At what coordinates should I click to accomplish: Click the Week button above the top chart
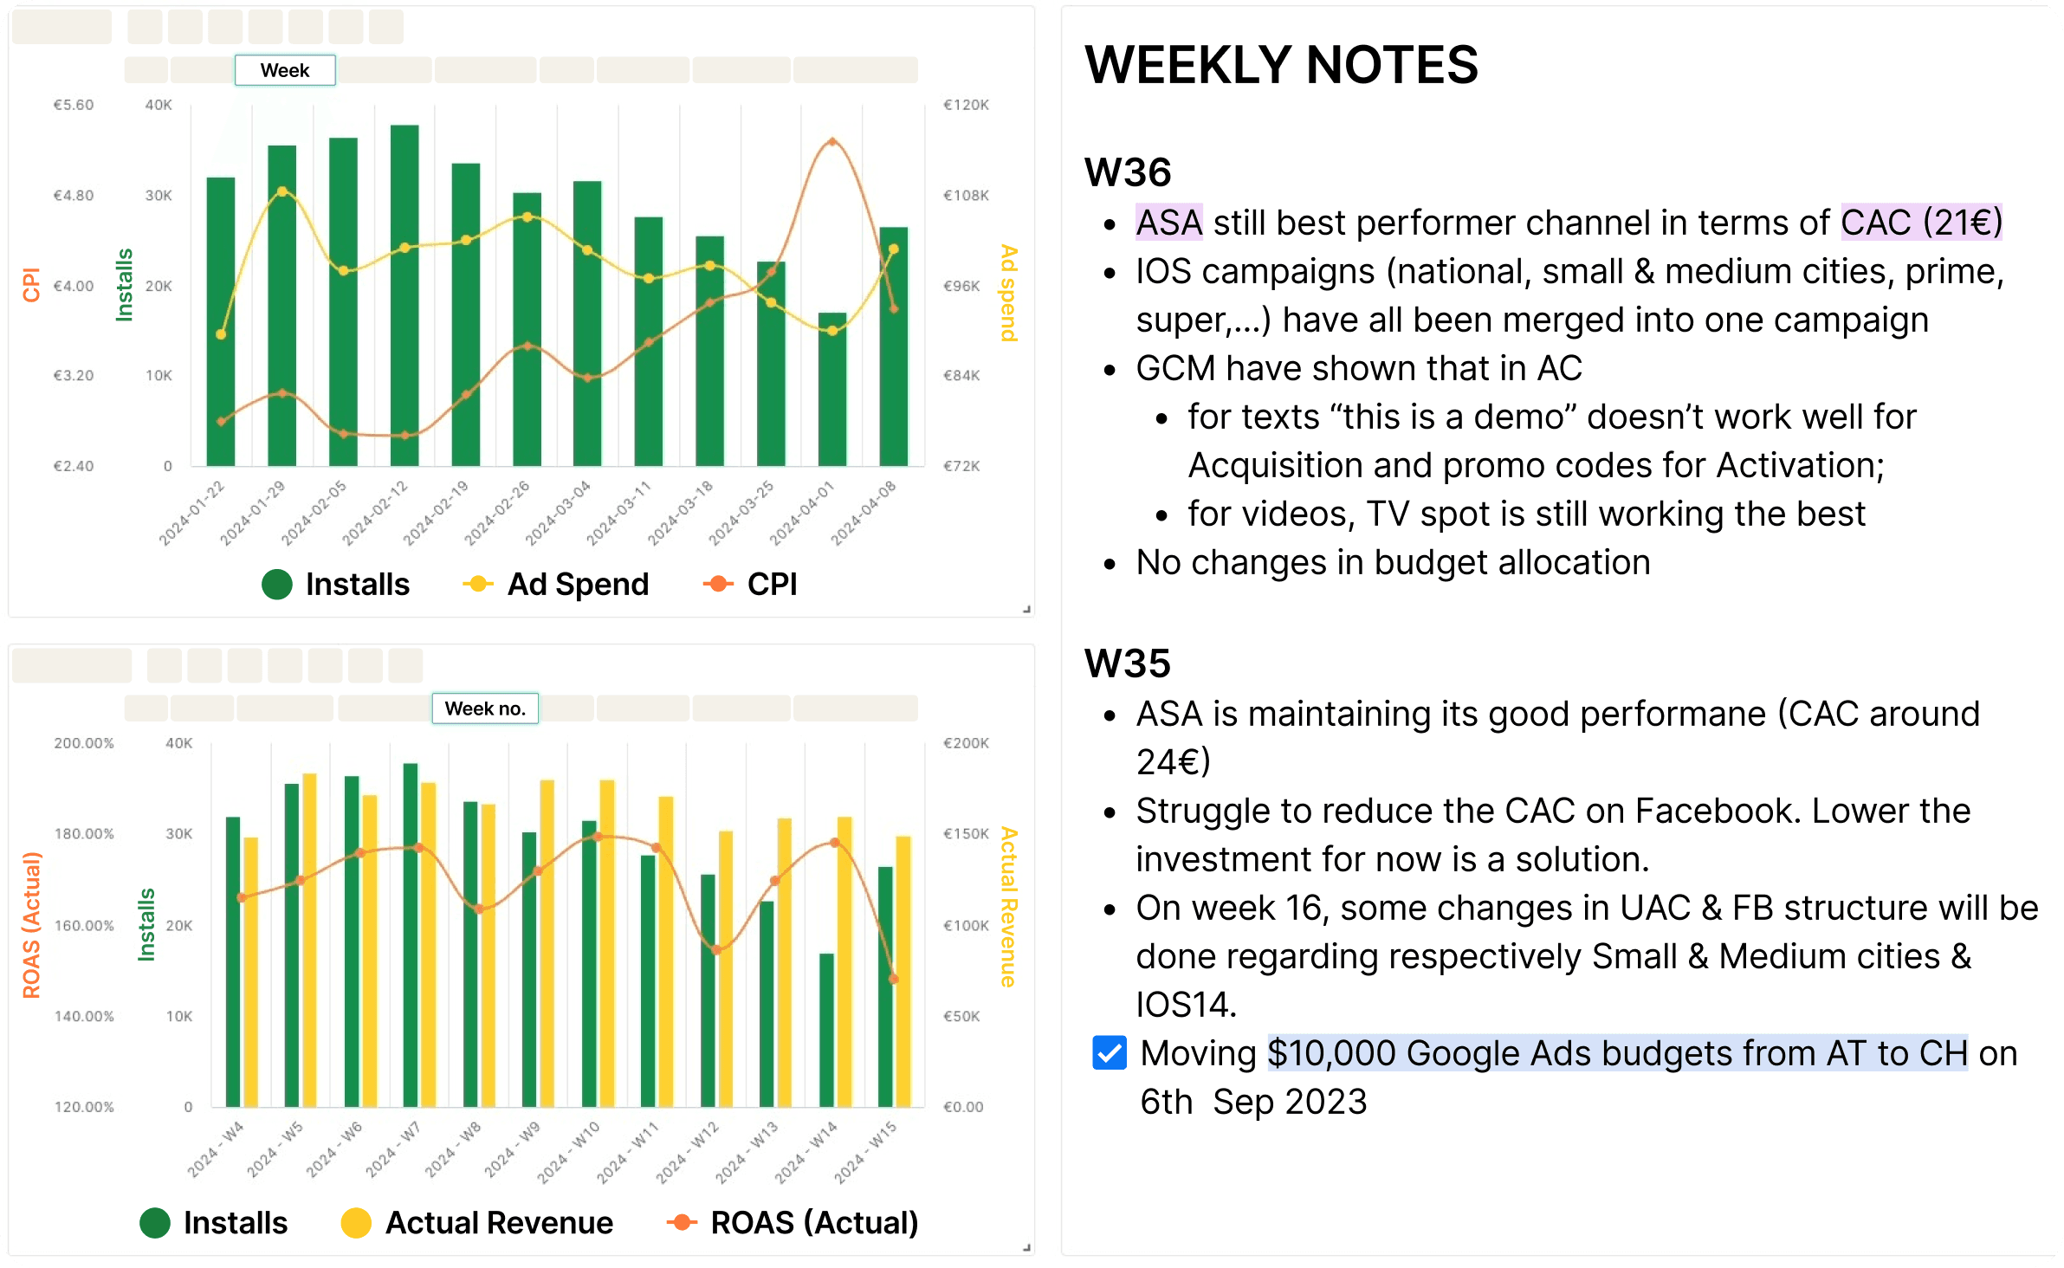tap(285, 70)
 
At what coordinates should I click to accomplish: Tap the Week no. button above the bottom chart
tap(485, 708)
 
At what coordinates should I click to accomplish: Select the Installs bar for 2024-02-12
tap(404, 294)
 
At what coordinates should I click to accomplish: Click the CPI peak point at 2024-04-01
tap(832, 141)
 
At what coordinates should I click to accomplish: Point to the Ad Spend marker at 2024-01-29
tap(282, 191)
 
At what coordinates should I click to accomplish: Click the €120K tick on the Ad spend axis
tap(966, 105)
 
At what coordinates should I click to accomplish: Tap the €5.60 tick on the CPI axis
tap(74, 105)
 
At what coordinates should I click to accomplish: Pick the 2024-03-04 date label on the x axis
tap(560, 513)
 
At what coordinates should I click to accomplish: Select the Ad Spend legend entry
tap(556, 585)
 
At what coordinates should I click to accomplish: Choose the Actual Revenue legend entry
tap(477, 1223)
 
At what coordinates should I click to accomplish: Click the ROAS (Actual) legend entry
tap(792, 1223)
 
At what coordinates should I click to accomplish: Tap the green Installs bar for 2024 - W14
tap(826, 1030)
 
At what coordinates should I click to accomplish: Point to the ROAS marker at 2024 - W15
tap(894, 980)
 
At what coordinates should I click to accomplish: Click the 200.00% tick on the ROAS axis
tap(84, 743)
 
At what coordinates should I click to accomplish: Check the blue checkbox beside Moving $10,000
tap(1110, 1053)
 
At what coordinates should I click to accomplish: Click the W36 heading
tap(1128, 172)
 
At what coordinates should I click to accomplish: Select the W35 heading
tap(1128, 663)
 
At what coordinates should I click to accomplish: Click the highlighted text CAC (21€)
tap(1921, 223)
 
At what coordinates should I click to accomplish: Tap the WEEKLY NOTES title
tap(1281, 65)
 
